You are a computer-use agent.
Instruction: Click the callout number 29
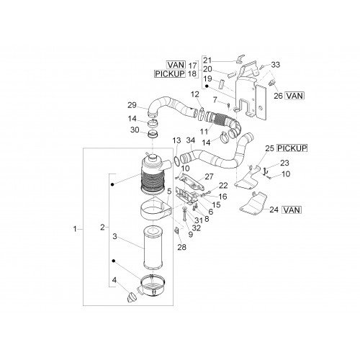click(132, 105)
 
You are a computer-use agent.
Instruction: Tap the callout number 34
click(191, 140)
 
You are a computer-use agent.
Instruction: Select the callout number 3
click(114, 236)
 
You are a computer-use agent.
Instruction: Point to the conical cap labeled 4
click(132, 297)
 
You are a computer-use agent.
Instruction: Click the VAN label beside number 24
click(292, 210)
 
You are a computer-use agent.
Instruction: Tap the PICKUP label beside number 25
click(292, 148)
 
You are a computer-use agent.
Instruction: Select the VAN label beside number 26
click(294, 96)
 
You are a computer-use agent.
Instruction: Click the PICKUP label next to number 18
click(170, 73)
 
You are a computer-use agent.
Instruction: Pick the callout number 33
click(276, 65)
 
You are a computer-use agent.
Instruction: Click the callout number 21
click(207, 60)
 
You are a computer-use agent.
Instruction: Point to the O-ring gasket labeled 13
click(176, 161)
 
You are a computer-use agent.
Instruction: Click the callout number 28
click(181, 247)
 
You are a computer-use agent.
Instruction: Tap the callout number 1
click(75, 229)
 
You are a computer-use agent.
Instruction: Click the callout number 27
click(209, 176)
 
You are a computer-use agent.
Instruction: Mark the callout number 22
click(223, 185)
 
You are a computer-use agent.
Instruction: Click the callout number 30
click(135, 130)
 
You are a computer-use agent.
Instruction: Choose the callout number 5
click(169, 192)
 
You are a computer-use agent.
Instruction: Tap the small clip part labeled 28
click(176, 230)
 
